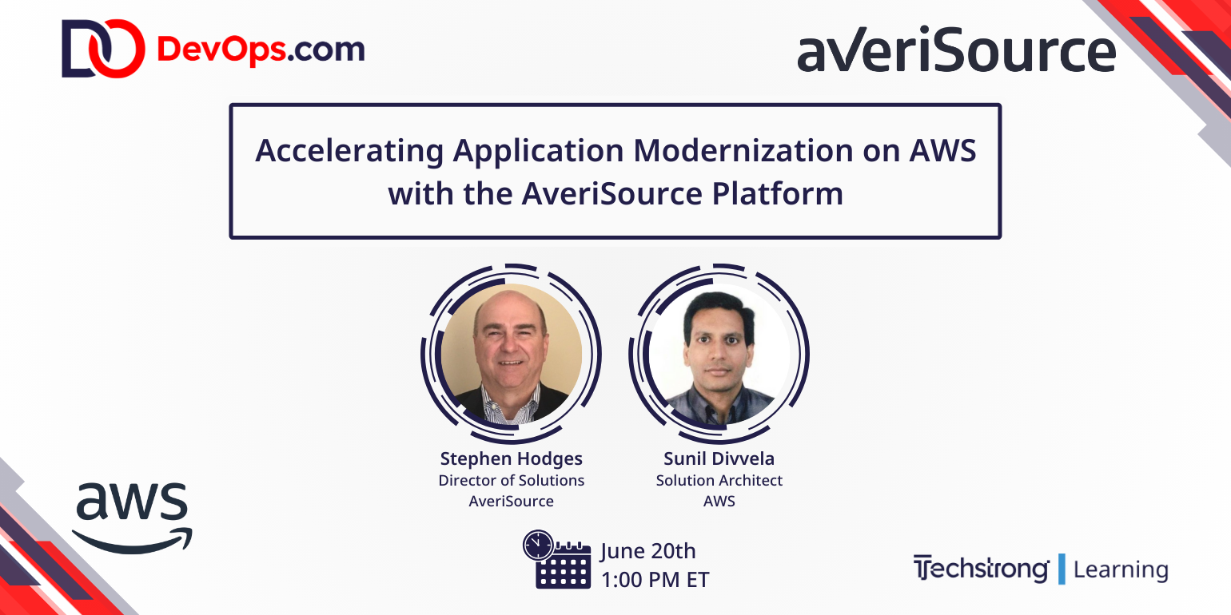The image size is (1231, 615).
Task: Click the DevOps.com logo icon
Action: click(x=103, y=49)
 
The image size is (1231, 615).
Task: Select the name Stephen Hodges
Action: click(x=512, y=458)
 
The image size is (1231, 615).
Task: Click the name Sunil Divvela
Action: click(x=719, y=458)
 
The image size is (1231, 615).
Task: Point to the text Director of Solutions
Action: click(x=512, y=480)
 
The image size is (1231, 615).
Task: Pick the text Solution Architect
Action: click(x=719, y=480)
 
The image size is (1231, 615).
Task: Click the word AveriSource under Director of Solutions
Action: click(x=512, y=502)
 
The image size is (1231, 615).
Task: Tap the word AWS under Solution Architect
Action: click(x=719, y=502)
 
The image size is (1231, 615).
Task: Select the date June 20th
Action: click(x=648, y=551)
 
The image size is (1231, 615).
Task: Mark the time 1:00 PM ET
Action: click(x=655, y=579)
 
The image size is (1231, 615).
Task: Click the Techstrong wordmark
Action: click(x=981, y=569)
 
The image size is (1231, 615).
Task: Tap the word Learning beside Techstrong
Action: click(x=1120, y=569)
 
